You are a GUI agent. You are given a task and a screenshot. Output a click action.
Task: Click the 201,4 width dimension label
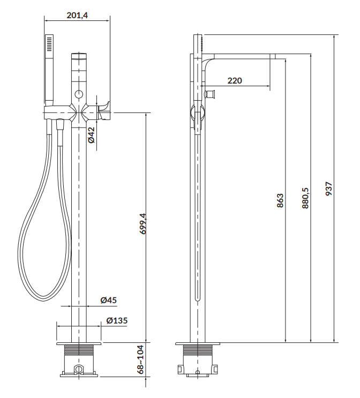click(77, 15)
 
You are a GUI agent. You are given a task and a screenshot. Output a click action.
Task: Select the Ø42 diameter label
click(92, 134)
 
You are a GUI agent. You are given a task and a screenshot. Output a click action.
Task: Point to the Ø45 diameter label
click(109, 301)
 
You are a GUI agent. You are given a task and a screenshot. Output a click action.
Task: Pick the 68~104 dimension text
click(141, 359)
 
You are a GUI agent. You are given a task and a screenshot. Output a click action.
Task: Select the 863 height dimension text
click(280, 201)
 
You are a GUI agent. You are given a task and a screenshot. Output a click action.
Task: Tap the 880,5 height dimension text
click(305, 198)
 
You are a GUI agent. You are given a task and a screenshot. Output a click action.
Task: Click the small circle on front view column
click(79, 94)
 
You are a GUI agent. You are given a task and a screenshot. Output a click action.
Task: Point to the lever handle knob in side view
click(211, 95)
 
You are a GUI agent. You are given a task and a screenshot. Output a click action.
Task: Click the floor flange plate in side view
click(198, 343)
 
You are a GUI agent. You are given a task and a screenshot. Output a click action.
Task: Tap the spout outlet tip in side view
click(272, 56)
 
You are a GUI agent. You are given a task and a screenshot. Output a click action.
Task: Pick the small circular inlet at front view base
click(79, 369)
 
